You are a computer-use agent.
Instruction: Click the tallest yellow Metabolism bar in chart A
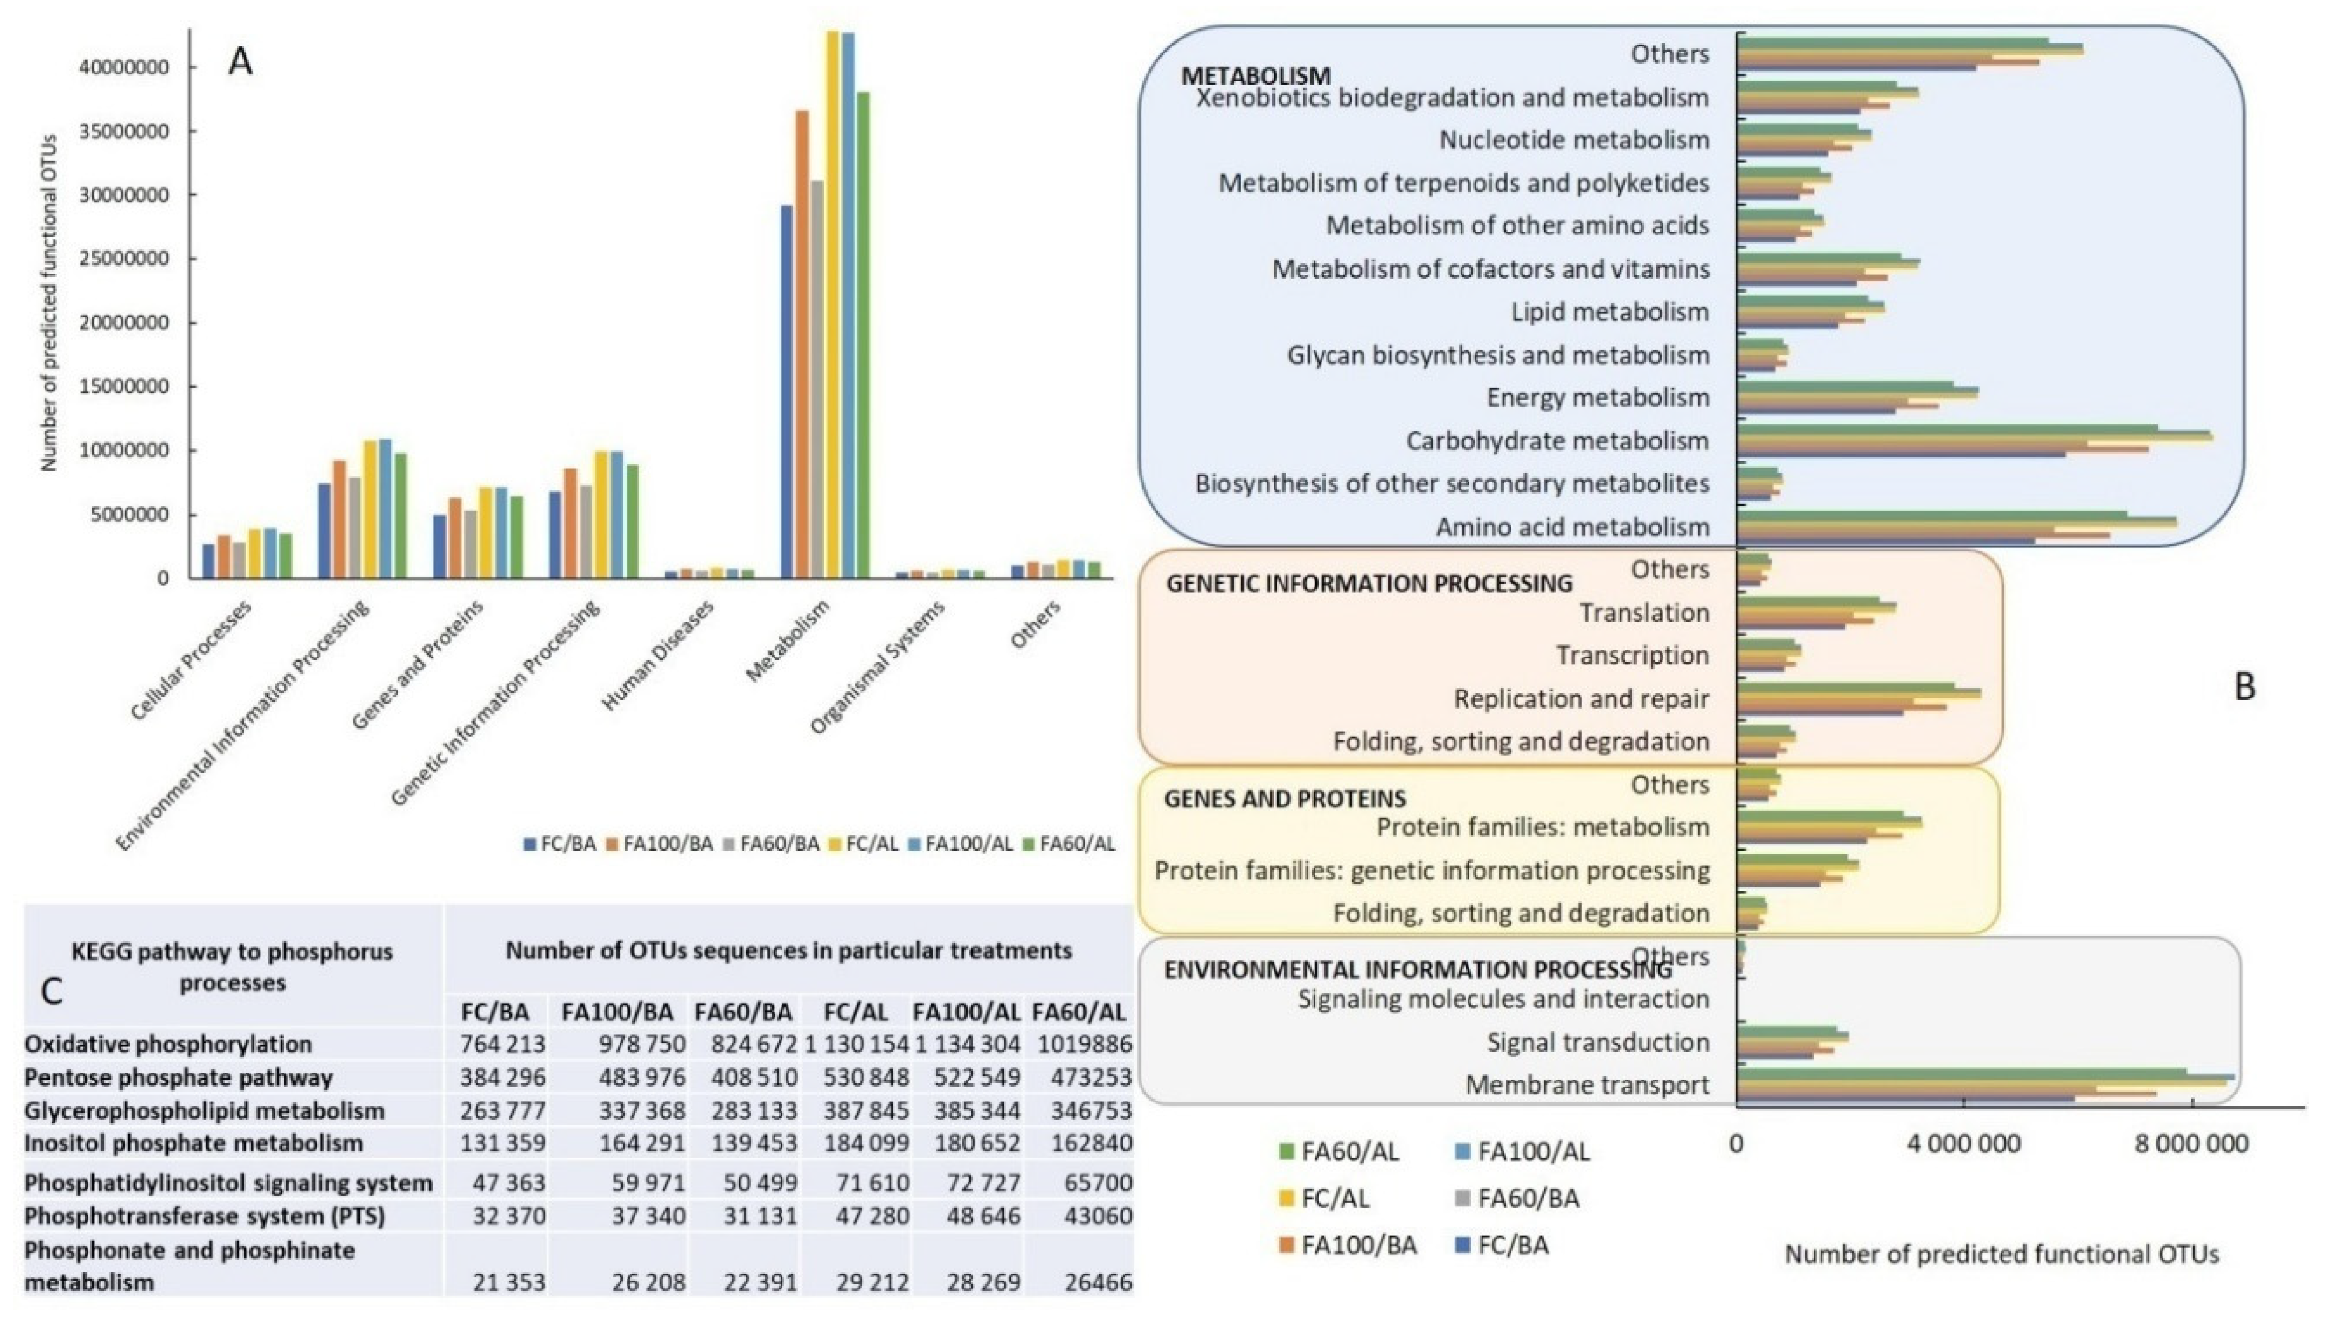pos(832,305)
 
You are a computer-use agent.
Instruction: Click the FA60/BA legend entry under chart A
pos(771,844)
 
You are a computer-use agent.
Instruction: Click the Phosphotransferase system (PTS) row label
pos(204,1216)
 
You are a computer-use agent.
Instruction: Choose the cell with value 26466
pos(1098,1282)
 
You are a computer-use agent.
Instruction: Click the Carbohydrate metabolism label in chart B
pos(1557,441)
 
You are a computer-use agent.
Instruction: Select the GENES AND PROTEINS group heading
pos(1285,798)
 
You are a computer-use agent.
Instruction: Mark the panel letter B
pos(2244,686)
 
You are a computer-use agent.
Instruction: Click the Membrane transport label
pos(1586,1085)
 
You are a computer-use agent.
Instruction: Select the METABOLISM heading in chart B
pos(1255,74)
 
